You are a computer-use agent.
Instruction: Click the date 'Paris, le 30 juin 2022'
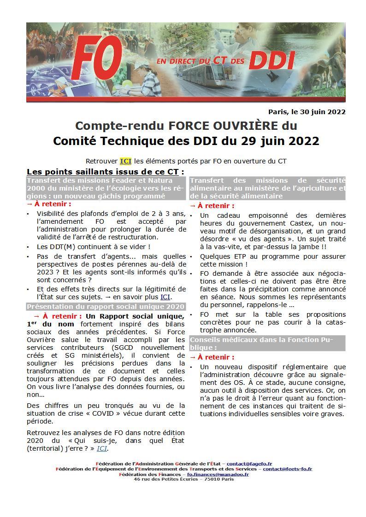click(307, 111)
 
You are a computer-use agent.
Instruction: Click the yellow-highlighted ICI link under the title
click(125, 161)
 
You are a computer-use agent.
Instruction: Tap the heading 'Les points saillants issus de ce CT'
click(105, 172)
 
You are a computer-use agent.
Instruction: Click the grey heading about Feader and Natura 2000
click(106, 188)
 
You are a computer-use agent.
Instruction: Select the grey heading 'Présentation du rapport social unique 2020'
click(106, 307)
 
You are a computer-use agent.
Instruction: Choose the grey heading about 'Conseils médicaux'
click(267, 343)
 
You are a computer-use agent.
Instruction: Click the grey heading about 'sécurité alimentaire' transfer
click(267, 188)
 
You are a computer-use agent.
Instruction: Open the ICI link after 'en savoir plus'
click(165, 297)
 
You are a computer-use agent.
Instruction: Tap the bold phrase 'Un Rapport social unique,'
click(135, 316)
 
